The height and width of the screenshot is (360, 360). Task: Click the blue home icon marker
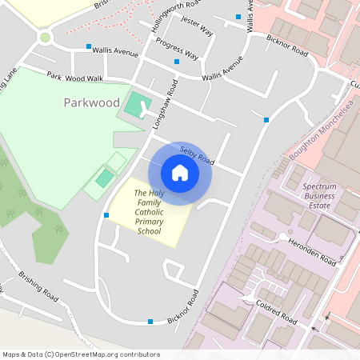(180, 173)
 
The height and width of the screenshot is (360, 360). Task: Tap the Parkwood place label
(92, 103)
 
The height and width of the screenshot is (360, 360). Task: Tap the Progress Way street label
(177, 48)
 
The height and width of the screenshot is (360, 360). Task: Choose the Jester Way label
(197, 26)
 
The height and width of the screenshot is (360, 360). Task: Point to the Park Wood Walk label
(75, 78)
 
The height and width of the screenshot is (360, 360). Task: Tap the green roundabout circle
(46, 37)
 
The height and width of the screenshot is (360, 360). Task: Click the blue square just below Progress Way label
(177, 62)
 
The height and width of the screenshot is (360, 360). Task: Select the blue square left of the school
(106, 215)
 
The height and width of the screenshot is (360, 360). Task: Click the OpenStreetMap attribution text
(81, 354)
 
